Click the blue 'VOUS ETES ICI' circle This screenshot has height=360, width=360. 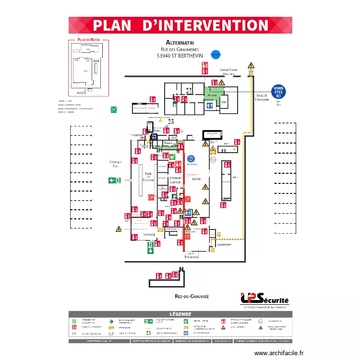click(278, 92)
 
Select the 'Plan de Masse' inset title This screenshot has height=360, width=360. click(88, 40)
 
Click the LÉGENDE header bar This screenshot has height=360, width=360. click(180, 314)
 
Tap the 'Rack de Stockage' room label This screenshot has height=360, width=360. click(148, 177)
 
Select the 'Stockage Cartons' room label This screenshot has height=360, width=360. click(175, 180)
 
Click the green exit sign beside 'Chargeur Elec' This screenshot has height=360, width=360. click(115, 180)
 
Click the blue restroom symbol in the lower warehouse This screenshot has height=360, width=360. click(189, 212)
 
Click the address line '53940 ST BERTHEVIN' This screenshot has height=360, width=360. click(180, 56)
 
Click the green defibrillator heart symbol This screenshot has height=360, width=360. click(172, 156)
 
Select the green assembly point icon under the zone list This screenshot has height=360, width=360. click(114, 109)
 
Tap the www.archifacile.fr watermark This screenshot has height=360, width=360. click(279, 353)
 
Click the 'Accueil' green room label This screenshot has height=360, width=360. click(212, 96)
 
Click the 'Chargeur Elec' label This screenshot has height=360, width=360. click(116, 164)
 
